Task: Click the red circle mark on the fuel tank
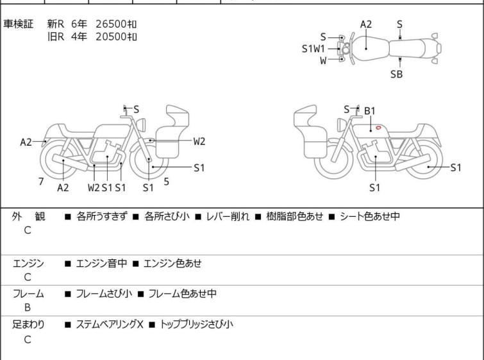pyautogui.click(x=378, y=127)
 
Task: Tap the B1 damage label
pyautogui.click(x=369, y=111)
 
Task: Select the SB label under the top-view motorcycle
pyautogui.click(x=396, y=74)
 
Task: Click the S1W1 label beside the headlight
pyautogui.click(x=313, y=49)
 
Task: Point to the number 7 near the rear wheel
pyautogui.click(x=41, y=182)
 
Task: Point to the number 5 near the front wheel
pyautogui.click(x=167, y=182)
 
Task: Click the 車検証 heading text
pyautogui.click(x=18, y=24)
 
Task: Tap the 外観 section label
pyautogui.click(x=28, y=216)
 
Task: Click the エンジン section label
pyautogui.click(x=28, y=264)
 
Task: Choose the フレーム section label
pyautogui.click(x=28, y=294)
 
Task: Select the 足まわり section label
pyautogui.click(x=28, y=325)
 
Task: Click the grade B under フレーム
pyautogui.click(x=28, y=308)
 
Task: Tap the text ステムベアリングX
pyautogui.click(x=110, y=325)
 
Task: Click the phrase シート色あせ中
pyautogui.click(x=370, y=216)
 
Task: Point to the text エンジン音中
pyautogui.click(x=101, y=264)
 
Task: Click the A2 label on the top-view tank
pyautogui.click(x=366, y=24)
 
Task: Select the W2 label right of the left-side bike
pyautogui.click(x=199, y=141)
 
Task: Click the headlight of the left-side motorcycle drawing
pyautogui.click(x=141, y=125)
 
